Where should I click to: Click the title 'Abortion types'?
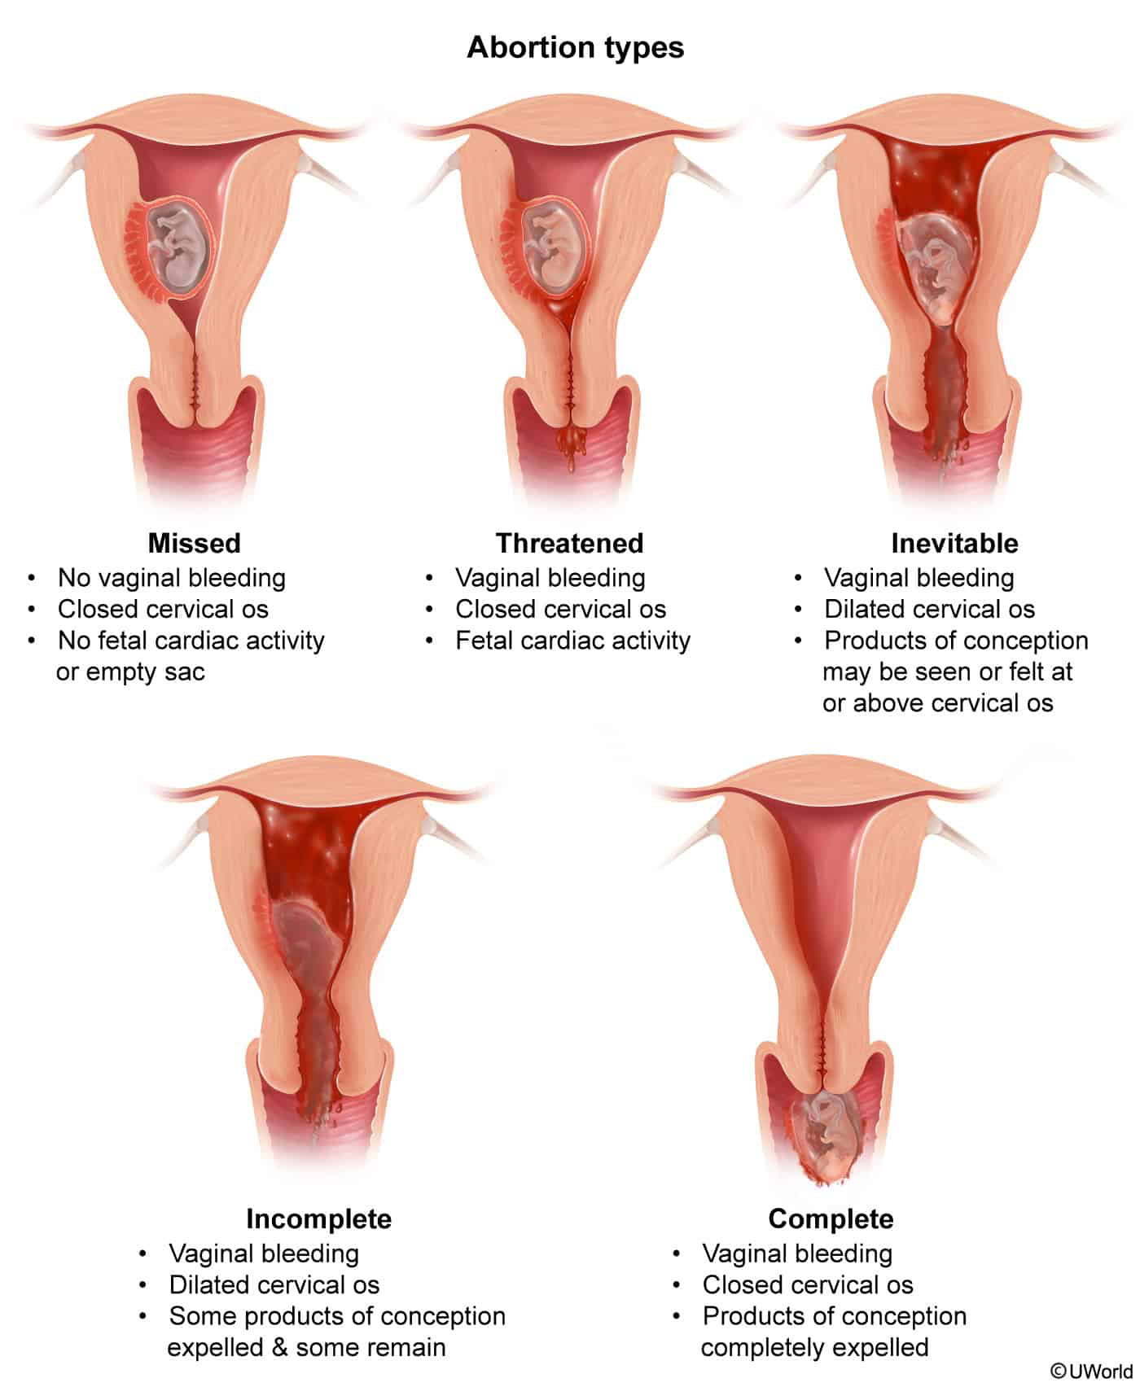pos(575,48)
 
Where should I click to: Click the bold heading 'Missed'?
pos(195,543)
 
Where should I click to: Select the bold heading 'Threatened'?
pos(570,543)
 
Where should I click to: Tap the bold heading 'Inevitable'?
pos(954,543)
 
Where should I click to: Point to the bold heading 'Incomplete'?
pos(319,1219)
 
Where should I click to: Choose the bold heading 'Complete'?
pos(831,1219)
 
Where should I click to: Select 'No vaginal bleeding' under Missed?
pos(172,578)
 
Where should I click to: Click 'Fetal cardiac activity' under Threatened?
pos(572,641)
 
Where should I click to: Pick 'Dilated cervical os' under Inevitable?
pos(929,609)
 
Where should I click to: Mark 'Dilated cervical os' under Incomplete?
pos(274,1284)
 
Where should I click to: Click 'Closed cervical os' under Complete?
pos(808,1284)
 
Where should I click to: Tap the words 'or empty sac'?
pos(130,672)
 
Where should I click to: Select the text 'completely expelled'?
pos(814,1347)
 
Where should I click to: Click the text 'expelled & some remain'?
pos(306,1347)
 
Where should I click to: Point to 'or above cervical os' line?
pos(938,703)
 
